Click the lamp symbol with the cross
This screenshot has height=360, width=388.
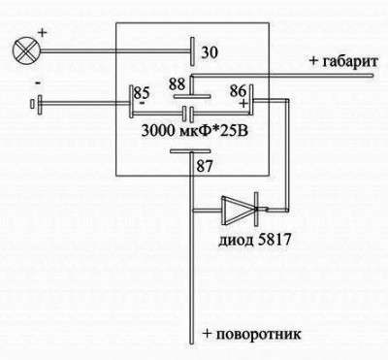coord(20,48)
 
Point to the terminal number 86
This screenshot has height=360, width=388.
coord(237,90)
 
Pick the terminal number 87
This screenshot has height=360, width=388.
coord(204,166)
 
